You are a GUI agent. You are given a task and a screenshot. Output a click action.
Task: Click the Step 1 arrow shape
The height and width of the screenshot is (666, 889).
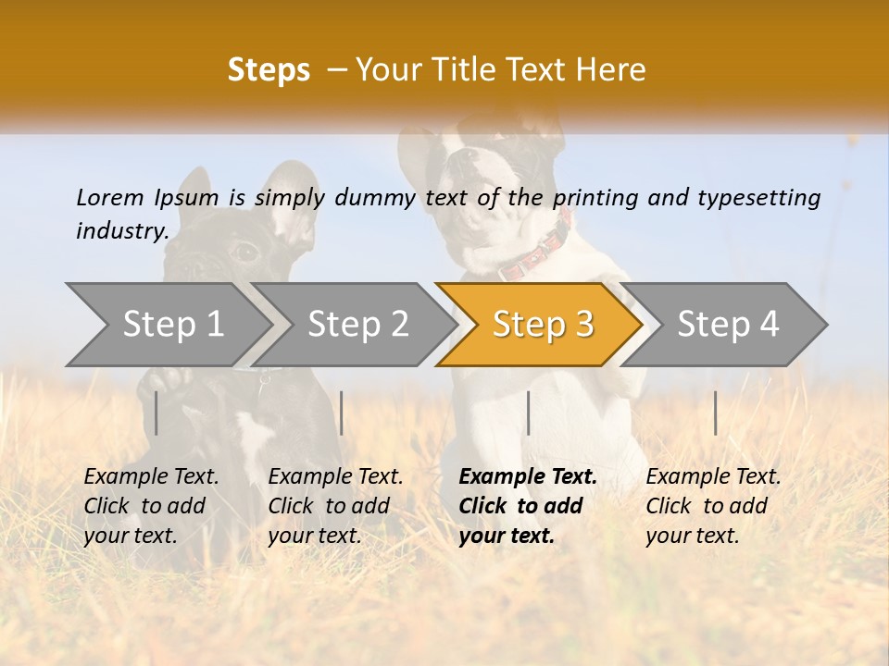point(167,325)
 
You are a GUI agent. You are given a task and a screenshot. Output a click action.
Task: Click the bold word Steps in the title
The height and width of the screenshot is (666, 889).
point(269,70)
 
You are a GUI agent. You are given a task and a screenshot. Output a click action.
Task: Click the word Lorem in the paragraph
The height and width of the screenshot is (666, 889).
point(110,197)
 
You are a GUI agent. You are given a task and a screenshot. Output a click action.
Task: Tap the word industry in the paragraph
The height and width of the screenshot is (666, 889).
point(121,230)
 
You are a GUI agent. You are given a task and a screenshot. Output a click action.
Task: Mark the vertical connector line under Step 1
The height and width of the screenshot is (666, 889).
point(157,413)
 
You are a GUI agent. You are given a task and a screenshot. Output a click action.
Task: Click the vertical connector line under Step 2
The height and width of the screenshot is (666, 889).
point(342,413)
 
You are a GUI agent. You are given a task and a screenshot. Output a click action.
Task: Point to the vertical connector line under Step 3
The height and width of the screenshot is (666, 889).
point(528,413)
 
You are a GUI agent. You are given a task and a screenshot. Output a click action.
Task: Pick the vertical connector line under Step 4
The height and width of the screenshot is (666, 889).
point(715,413)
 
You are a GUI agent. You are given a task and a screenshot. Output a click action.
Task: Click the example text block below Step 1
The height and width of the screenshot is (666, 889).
point(151,506)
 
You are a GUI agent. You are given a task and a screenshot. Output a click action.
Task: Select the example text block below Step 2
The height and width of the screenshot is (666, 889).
point(335,506)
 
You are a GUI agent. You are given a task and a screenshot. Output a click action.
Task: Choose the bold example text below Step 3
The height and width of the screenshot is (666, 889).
point(528,506)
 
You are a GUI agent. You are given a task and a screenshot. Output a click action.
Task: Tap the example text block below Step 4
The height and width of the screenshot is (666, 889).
point(713,506)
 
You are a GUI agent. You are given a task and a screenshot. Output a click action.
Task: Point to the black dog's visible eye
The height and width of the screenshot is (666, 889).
point(244,251)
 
